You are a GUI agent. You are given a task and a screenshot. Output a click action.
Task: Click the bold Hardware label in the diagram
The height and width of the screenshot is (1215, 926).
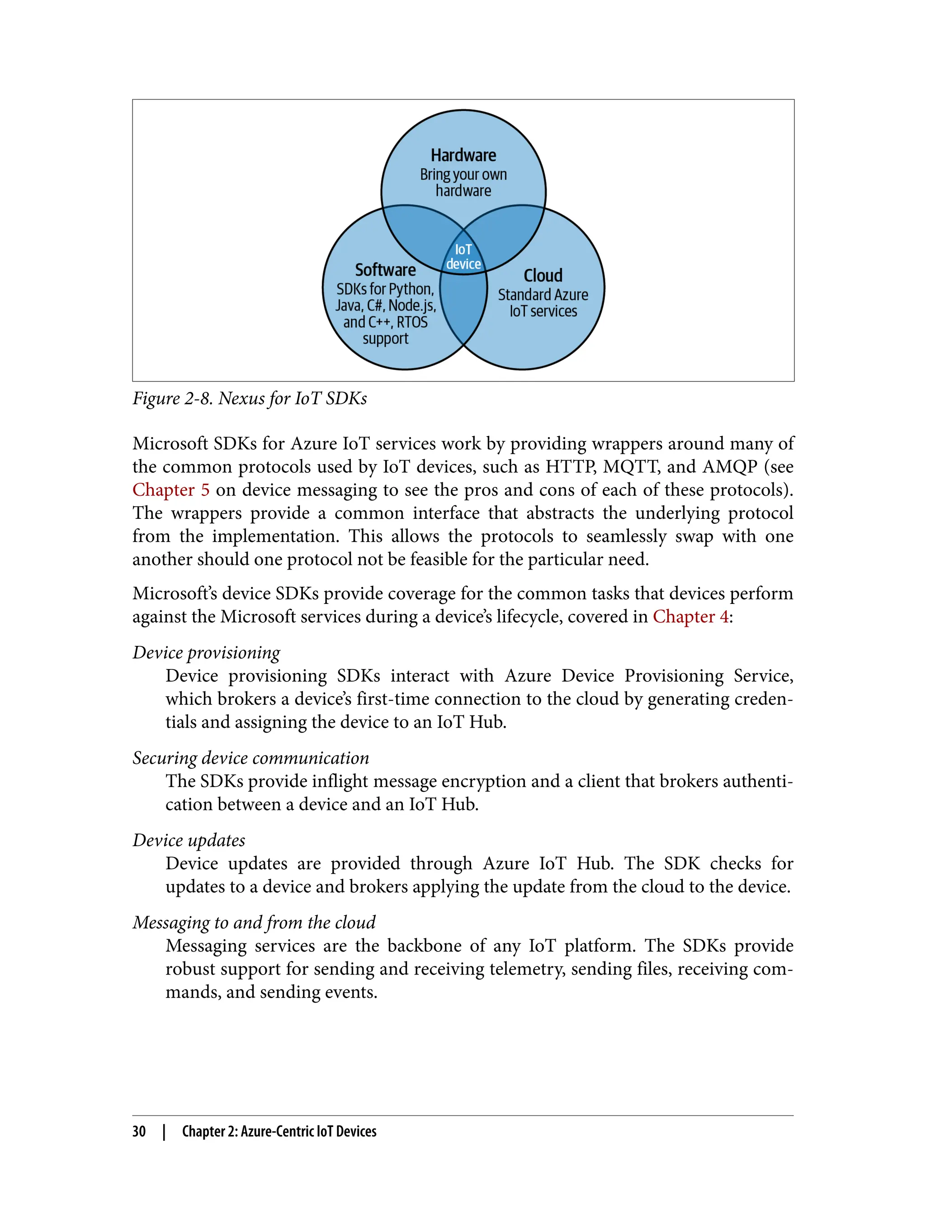[463, 155]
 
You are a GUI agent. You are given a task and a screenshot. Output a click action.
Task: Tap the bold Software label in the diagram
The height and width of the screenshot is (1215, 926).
[385, 270]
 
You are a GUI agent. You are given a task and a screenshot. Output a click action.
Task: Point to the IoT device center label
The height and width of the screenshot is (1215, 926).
[463, 257]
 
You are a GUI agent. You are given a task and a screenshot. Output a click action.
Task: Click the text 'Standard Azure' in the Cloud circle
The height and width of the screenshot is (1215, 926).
[543, 295]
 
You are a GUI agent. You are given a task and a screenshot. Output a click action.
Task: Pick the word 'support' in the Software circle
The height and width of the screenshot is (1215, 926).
[385, 338]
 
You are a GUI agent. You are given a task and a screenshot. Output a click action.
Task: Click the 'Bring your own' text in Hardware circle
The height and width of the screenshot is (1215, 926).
[463, 174]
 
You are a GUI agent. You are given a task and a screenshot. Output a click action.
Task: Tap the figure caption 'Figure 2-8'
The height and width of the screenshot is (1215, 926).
[172, 398]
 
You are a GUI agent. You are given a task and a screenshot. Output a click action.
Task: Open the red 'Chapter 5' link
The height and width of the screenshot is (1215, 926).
[171, 490]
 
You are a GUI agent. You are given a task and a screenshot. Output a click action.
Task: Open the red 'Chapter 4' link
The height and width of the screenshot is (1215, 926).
[690, 617]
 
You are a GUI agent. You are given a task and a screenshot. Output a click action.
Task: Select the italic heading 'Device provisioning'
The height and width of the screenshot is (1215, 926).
[206, 652]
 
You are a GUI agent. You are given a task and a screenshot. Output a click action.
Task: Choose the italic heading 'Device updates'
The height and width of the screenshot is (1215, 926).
[189, 840]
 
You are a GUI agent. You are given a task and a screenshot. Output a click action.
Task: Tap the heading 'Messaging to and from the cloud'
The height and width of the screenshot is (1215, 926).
[254, 923]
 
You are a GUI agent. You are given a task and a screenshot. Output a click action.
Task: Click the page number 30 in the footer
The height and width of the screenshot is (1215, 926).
[139, 1131]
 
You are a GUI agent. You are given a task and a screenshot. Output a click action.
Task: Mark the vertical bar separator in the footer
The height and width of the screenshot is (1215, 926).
[164, 1131]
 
